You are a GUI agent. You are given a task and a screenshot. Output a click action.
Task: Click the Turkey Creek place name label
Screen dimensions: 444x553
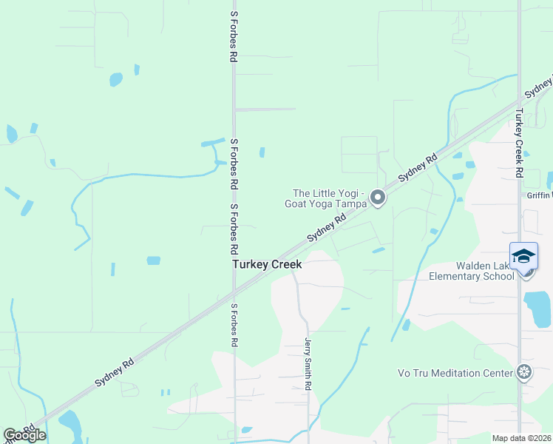pyautogui.click(x=267, y=264)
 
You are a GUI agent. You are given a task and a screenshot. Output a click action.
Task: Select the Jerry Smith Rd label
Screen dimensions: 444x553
pyautogui.click(x=308, y=364)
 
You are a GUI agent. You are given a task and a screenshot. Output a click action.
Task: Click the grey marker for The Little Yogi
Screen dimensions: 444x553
pyautogui.click(x=378, y=197)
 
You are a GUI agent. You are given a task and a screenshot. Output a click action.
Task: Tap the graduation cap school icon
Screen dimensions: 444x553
pyautogui.click(x=523, y=256)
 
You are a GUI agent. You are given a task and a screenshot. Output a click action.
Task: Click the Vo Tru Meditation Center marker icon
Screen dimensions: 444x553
pyautogui.click(x=524, y=371)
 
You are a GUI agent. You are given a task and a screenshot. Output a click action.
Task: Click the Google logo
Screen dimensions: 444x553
pyautogui.click(x=24, y=435)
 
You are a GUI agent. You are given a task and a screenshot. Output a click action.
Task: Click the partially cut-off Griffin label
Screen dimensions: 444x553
pyautogui.click(x=539, y=195)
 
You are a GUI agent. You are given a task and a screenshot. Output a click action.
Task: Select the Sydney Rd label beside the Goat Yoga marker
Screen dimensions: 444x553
pyautogui.click(x=418, y=168)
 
